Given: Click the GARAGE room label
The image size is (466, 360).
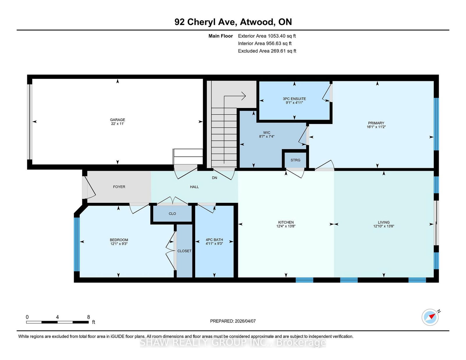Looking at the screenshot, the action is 117,120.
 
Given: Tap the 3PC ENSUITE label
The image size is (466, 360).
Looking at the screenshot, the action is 294,99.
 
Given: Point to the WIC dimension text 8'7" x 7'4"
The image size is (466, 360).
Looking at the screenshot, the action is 266,136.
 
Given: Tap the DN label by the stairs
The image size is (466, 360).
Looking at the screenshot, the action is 214,178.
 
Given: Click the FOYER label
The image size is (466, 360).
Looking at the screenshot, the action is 119,187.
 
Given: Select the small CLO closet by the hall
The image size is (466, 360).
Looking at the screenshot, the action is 172,214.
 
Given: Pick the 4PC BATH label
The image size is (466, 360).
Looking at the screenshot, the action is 214,240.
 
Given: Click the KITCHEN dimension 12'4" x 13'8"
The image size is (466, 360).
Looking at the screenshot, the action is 286,226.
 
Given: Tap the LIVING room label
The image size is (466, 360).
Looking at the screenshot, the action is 384,222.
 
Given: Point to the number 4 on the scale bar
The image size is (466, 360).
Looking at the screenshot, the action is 57,317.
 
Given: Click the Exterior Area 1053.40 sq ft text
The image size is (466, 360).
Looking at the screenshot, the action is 267,36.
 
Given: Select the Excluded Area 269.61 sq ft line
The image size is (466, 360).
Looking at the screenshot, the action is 267,51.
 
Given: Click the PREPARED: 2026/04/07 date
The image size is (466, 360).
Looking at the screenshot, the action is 233,321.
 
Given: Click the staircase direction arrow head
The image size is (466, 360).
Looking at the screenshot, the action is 244,96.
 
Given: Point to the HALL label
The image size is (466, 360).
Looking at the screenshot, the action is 194,187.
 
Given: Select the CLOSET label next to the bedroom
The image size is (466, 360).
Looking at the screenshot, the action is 184,251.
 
